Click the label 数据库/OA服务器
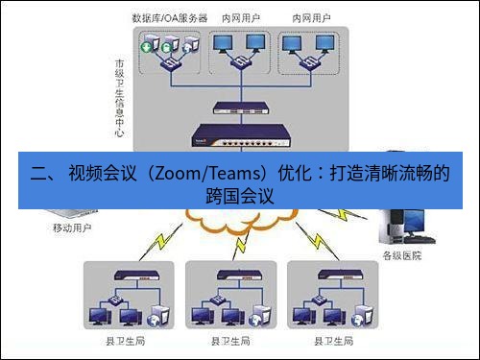click(x=168, y=18)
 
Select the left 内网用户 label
click(x=241, y=18)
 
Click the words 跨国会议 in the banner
click(x=240, y=195)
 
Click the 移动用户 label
click(x=74, y=229)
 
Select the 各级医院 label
click(x=401, y=255)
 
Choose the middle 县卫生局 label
click(x=230, y=341)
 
